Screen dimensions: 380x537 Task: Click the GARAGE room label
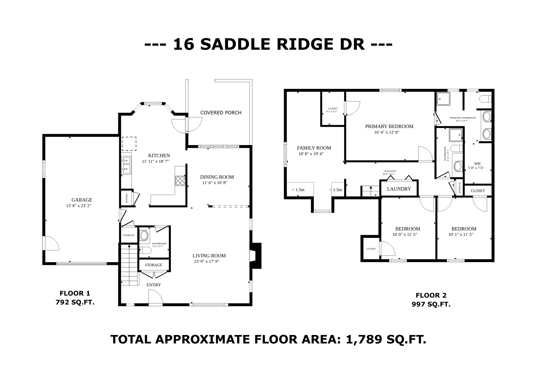point(82,200)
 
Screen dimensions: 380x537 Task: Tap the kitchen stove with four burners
point(180,181)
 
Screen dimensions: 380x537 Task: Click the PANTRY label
point(127,198)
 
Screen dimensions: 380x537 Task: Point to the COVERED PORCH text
point(221,113)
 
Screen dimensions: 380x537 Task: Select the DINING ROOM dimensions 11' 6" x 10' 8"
point(215,183)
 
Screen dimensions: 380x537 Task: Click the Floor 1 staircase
point(130,265)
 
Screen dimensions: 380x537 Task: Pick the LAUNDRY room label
point(399,189)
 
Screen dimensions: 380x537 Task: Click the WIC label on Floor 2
point(478,164)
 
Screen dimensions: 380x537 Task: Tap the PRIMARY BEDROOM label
point(389,126)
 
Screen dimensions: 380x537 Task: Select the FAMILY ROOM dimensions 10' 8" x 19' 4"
point(311,154)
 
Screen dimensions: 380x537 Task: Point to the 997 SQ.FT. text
point(431,304)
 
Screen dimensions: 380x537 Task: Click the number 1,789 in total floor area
point(364,340)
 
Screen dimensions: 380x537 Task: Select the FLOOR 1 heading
point(75,293)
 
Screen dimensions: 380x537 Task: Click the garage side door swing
point(52,243)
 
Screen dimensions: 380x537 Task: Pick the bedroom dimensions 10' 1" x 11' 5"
point(461,235)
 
